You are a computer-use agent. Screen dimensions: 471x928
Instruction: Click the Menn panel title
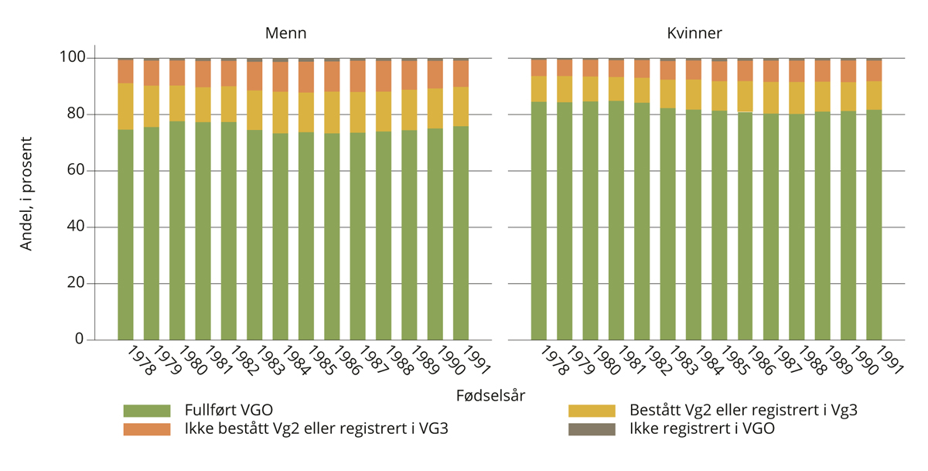[285, 33]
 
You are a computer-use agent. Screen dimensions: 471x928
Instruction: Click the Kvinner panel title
[694, 33]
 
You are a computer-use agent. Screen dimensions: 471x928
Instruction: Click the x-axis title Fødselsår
[490, 395]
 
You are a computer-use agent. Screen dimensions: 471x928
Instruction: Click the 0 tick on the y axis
[78, 340]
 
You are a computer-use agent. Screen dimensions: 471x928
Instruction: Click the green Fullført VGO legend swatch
[146, 411]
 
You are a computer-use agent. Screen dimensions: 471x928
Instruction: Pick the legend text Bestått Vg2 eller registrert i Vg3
[742, 411]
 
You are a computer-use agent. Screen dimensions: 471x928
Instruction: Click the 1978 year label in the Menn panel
[140, 360]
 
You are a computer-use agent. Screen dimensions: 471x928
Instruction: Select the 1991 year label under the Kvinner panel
[889, 360]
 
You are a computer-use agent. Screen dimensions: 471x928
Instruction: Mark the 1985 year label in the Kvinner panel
[733, 360]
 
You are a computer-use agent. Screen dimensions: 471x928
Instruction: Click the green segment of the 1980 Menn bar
[177, 232]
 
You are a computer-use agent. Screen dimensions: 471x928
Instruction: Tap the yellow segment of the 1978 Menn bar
[125, 106]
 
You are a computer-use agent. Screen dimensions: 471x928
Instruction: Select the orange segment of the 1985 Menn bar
[306, 77]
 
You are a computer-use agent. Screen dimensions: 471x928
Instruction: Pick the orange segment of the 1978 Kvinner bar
[538, 67]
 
